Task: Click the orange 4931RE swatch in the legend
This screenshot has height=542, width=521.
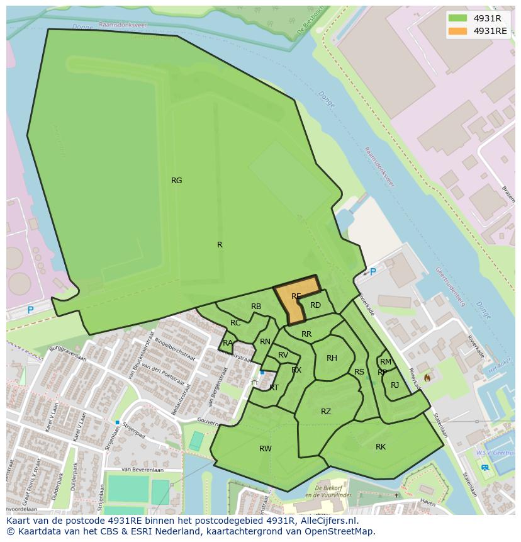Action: pyautogui.click(x=458, y=31)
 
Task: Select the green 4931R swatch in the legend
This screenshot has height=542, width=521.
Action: pyautogui.click(x=458, y=18)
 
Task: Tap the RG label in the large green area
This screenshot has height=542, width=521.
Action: pyautogui.click(x=177, y=181)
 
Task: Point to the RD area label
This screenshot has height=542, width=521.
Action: pyautogui.click(x=315, y=305)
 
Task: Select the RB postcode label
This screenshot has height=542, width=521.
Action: pyautogui.click(x=256, y=307)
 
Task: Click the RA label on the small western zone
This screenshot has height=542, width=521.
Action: pyautogui.click(x=228, y=343)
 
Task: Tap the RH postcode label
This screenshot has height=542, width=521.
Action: pyautogui.click(x=332, y=358)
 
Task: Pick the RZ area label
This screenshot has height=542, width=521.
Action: pyautogui.click(x=325, y=412)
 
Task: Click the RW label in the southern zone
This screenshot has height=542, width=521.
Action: pyautogui.click(x=266, y=449)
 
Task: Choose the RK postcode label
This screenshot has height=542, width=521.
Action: pyautogui.click(x=381, y=447)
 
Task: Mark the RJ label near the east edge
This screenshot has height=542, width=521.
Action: pyautogui.click(x=395, y=385)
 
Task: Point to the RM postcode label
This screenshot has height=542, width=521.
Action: pyautogui.click(x=386, y=362)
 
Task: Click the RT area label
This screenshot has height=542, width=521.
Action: pyautogui.click(x=274, y=388)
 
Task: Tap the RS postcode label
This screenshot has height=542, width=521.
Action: pyautogui.click(x=359, y=372)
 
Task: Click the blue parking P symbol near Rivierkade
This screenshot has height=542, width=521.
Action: pyautogui.click(x=373, y=272)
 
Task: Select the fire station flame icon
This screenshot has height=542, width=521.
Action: pyautogui.click(x=427, y=378)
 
